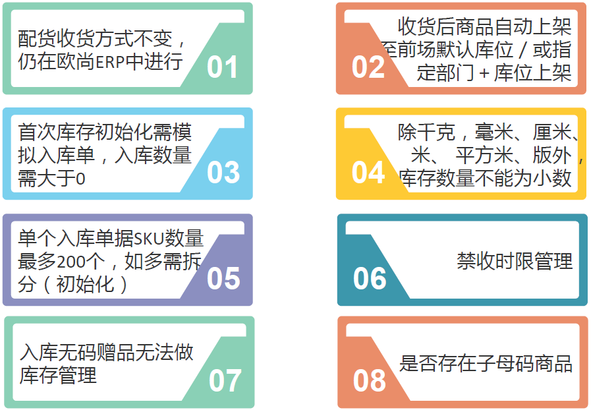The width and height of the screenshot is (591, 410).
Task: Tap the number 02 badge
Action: coord(368,67)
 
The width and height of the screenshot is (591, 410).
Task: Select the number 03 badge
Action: coord(223,172)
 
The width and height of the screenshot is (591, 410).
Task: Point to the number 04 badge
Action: coord(368,173)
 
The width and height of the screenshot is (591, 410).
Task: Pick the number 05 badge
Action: coord(223,278)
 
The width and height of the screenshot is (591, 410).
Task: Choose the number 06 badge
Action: coord(369,279)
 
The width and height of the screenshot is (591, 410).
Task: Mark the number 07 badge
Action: coord(225,381)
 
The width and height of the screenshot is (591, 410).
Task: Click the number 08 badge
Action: coord(369,381)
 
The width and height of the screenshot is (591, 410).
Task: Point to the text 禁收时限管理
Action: coord(515,262)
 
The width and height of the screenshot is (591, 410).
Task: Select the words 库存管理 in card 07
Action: coord(58,376)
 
